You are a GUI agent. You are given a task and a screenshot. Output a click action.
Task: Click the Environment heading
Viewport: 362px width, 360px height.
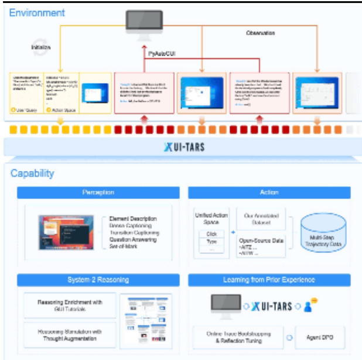coord(37,12)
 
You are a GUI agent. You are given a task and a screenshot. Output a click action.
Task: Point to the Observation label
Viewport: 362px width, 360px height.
coord(259,33)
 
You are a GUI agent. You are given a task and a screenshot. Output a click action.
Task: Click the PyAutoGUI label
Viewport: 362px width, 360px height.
coord(162,53)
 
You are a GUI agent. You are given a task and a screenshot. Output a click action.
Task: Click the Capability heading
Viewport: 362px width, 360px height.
coord(33,173)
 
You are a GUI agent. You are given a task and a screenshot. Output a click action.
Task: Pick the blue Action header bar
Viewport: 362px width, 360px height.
coord(269,191)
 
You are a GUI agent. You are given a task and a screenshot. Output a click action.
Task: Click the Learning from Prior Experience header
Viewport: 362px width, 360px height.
coord(269,280)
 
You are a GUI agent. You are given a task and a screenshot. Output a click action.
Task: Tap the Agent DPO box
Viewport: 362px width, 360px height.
coord(319,338)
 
